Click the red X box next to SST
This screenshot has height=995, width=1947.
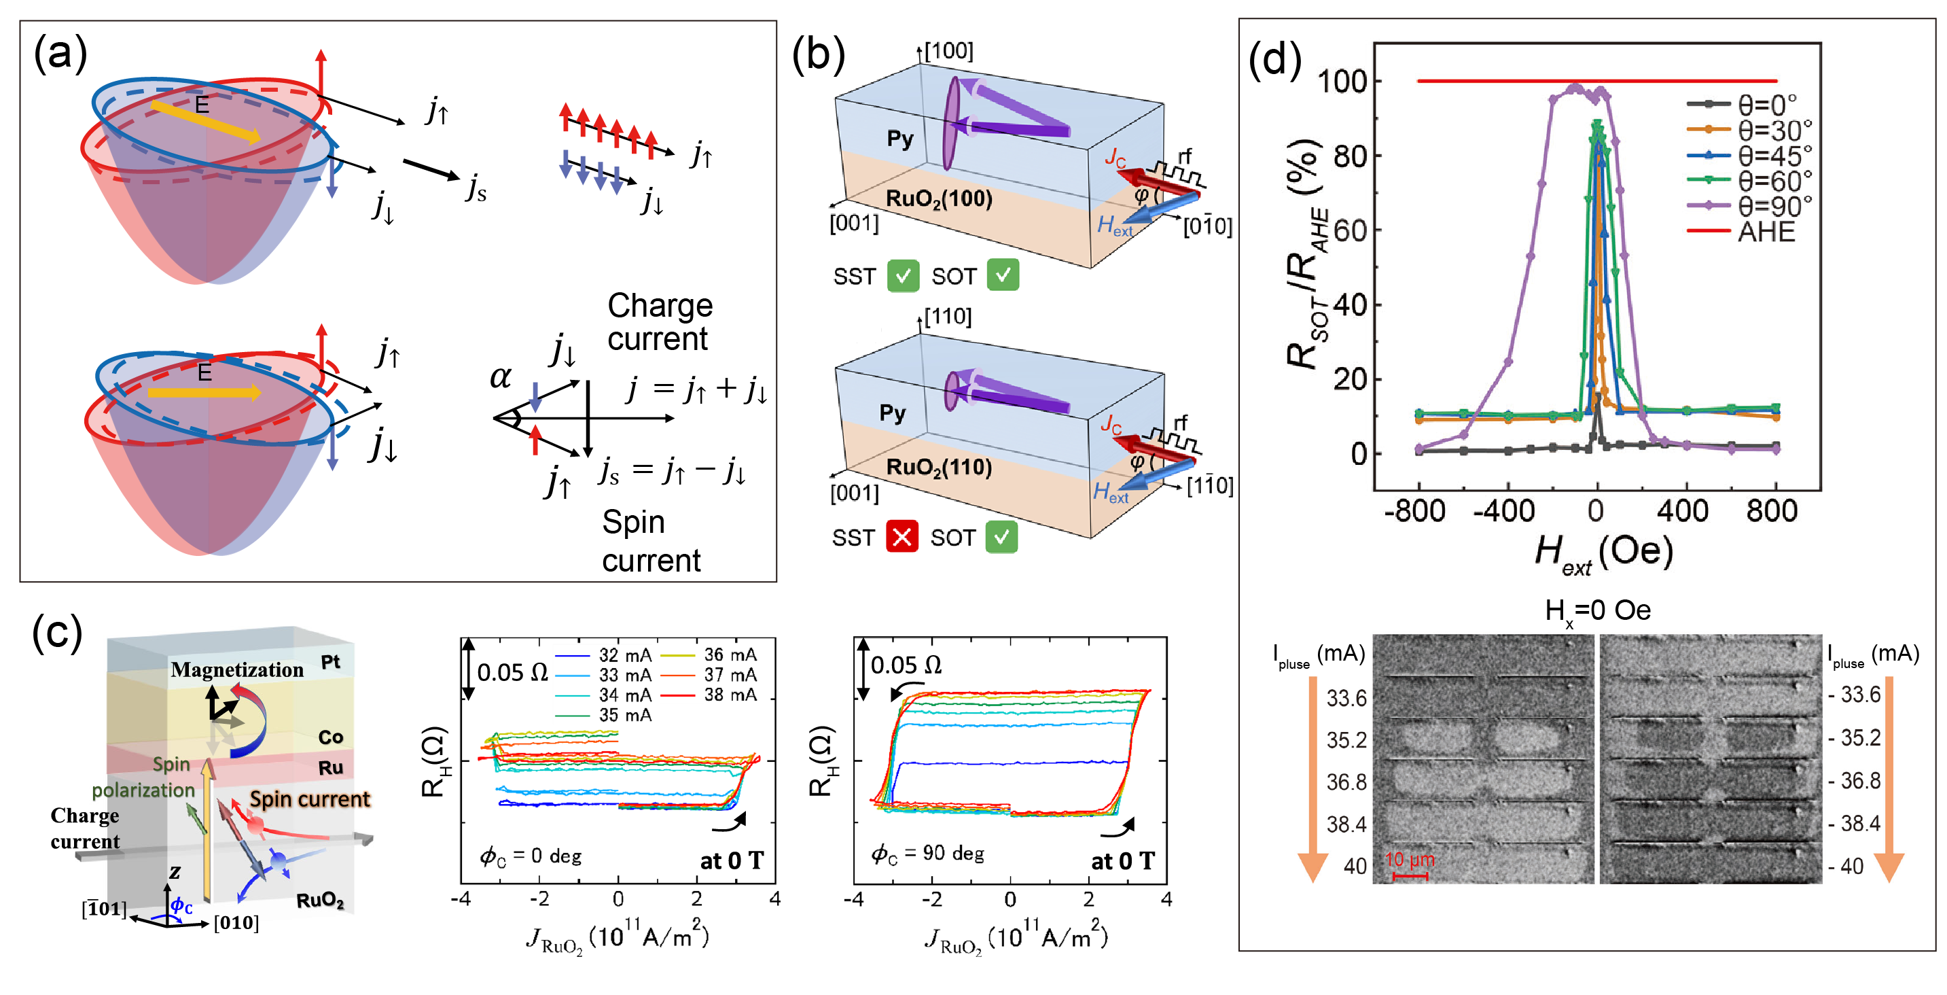click(x=901, y=538)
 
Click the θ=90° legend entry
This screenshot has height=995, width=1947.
click(x=1773, y=206)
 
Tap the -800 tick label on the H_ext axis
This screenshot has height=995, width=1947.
click(x=1414, y=512)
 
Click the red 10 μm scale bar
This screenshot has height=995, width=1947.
click(x=1410, y=876)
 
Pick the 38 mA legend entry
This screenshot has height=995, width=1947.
click(x=730, y=695)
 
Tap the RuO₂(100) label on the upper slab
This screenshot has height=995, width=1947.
click(x=939, y=199)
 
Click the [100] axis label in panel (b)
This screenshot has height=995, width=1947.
click(x=949, y=52)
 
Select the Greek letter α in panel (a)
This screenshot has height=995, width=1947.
click(x=501, y=376)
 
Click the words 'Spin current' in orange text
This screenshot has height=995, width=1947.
click(x=310, y=799)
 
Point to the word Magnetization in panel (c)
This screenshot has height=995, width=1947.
click(x=236, y=670)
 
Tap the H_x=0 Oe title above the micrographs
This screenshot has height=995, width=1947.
click(x=1597, y=611)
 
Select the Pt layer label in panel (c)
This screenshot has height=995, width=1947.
click(x=330, y=663)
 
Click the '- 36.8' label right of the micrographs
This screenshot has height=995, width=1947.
click(x=1853, y=781)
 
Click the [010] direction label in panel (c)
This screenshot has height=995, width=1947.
click(x=236, y=923)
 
